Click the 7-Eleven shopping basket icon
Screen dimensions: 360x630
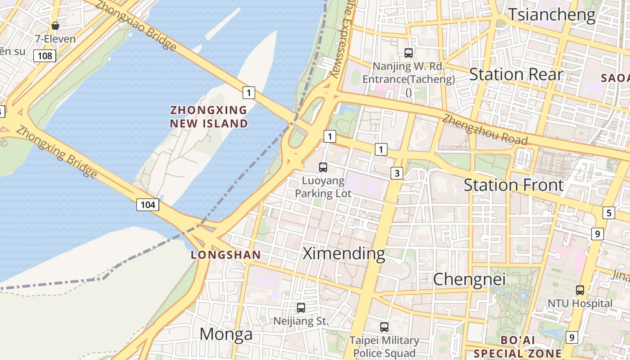(x=55, y=26)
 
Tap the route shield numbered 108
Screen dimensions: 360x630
(x=45, y=56)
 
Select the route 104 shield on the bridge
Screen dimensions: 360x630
(x=148, y=205)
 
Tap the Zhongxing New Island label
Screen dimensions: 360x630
(x=209, y=117)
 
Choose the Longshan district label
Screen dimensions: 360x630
(x=226, y=255)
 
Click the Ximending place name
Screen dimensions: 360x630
(x=344, y=253)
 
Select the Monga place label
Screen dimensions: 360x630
(x=226, y=334)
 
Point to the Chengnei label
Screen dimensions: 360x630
(x=469, y=279)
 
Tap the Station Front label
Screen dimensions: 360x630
(x=513, y=185)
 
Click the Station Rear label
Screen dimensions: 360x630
(x=516, y=74)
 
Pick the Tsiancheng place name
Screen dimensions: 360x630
(x=552, y=15)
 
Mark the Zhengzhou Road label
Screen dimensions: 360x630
(x=484, y=130)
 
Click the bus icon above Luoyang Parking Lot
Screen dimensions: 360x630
(x=323, y=167)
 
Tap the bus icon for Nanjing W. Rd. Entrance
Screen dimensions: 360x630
(x=409, y=53)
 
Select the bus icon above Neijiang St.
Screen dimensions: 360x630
(x=301, y=308)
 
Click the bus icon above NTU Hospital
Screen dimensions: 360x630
(x=580, y=290)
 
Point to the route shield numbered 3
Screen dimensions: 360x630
(x=396, y=173)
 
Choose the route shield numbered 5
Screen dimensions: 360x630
(x=609, y=213)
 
